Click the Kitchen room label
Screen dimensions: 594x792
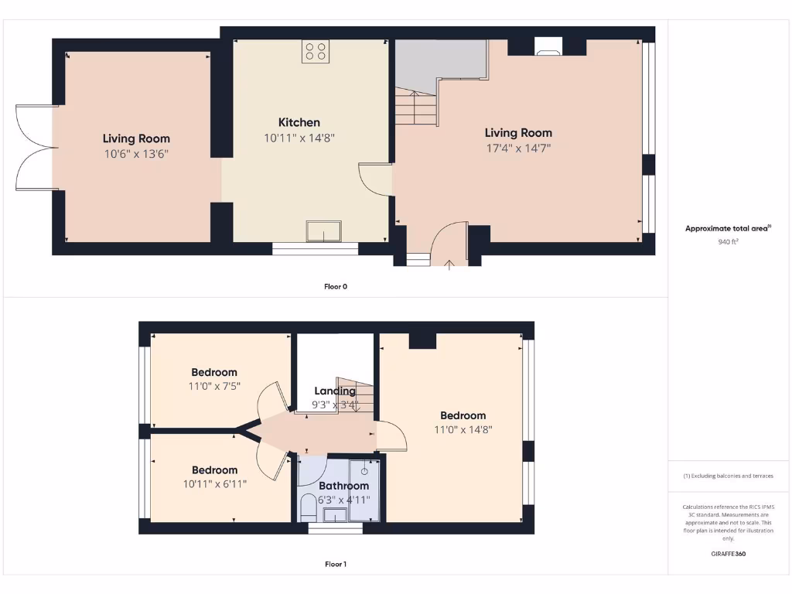[299, 122]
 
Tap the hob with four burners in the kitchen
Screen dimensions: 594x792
[316, 51]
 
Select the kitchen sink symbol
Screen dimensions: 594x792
[323, 231]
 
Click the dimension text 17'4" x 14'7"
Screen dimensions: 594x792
[518, 148]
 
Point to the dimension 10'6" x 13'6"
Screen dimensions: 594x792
[136, 154]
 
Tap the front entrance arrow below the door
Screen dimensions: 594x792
[450, 265]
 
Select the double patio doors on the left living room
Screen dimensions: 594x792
[35, 147]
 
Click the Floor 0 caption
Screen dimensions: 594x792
[335, 286]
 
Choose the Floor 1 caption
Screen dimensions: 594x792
[335, 564]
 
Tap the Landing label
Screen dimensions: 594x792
[335, 391]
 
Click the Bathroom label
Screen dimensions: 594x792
[344, 486]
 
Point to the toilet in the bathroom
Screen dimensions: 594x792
[307, 508]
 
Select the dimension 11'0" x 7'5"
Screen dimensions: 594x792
[214, 386]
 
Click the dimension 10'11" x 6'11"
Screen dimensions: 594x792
[214, 484]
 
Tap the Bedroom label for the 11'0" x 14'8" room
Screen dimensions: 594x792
[463, 415]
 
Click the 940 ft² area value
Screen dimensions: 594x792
[727, 242]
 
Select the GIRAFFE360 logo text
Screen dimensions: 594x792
[727, 554]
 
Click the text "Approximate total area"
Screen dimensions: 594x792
[725, 228]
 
